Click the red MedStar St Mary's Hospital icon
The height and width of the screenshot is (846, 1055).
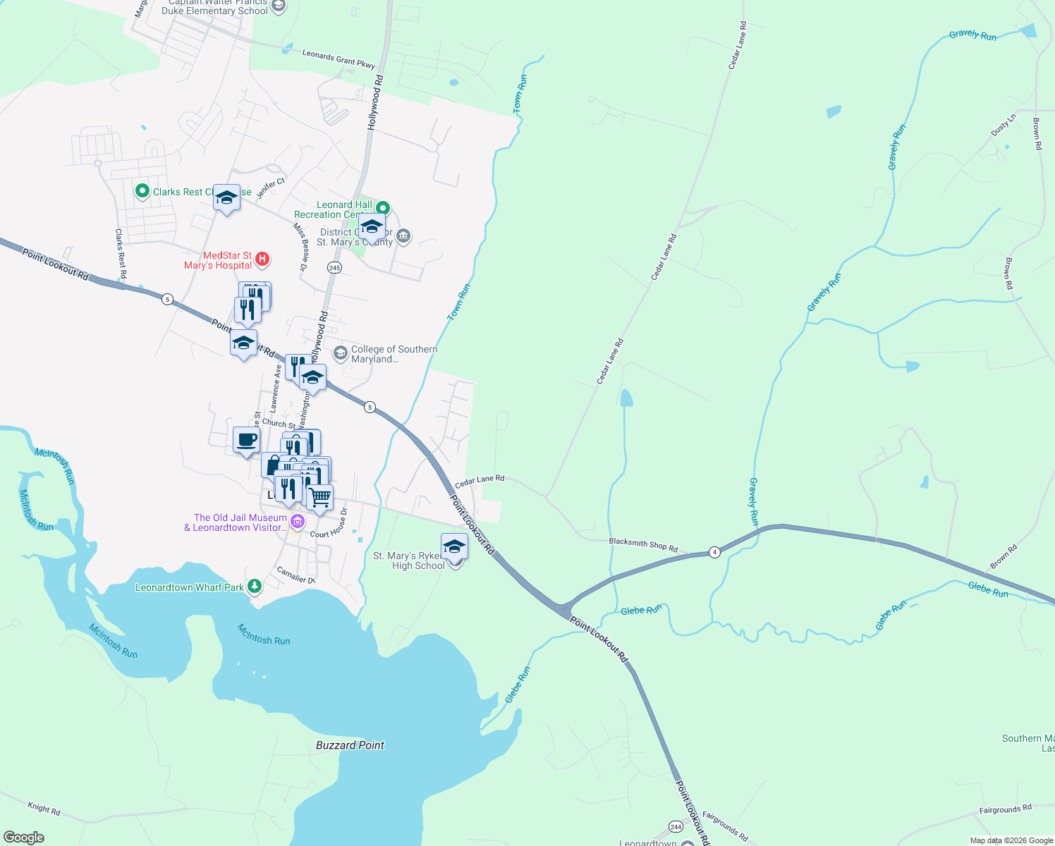(x=262, y=259)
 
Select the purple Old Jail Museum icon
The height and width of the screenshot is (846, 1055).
(x=298, y=522)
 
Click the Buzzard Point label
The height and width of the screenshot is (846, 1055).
(x=350, y=745)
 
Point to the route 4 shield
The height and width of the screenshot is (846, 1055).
(x=714, y=552)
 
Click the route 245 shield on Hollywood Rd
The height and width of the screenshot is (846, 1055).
(x=334, y=268)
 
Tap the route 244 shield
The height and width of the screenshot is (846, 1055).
(x=676, y=826)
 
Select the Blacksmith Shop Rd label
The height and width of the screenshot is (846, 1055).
(x=642, y=545)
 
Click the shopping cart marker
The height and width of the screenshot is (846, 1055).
(x=320, y=497)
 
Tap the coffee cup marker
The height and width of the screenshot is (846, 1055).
(x=246, y=441)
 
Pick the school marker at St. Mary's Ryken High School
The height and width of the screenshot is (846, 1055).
(x=454, y=547)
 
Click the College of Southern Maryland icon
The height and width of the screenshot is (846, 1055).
(x=341, y=352)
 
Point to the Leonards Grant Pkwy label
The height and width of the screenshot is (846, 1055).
(x=339, y=59)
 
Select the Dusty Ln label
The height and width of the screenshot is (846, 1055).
(x=1004, y=125)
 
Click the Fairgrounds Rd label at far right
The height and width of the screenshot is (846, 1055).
(x=1005, y=810)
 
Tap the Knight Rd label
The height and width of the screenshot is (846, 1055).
(x=44, y=808)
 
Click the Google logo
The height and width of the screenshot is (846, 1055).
(x=24, y=838)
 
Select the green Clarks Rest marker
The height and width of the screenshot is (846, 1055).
(x=142, y=191)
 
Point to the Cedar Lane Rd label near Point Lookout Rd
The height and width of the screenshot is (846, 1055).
(x=480, y=482)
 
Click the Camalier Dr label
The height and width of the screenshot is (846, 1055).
(x=296, y=575)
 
